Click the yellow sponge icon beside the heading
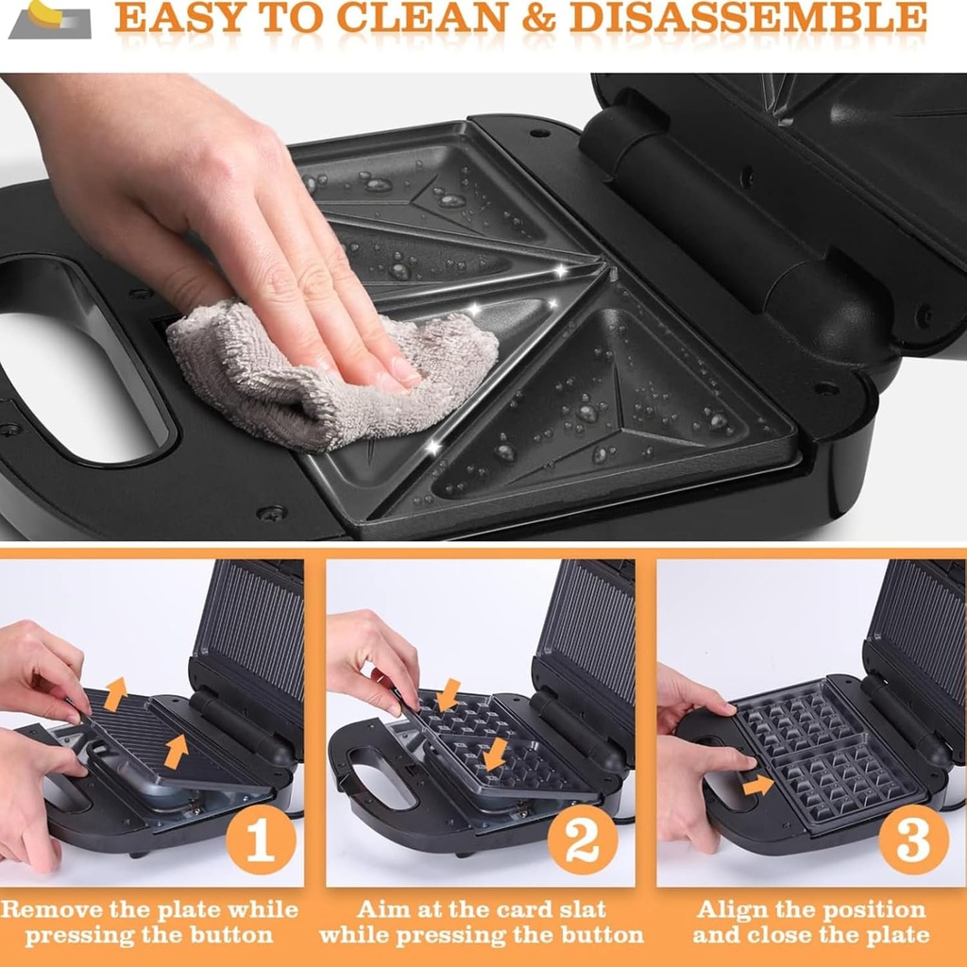coord(47,15)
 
